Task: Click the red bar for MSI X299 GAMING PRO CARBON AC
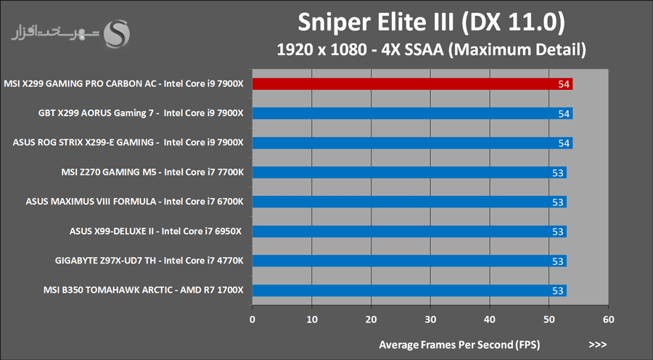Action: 406,84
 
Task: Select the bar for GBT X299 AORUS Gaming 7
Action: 406,113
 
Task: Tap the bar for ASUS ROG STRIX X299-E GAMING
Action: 406,143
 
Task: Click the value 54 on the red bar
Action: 564,84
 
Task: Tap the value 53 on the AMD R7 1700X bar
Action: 558,290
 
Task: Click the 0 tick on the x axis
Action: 252,319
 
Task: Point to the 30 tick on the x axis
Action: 431,319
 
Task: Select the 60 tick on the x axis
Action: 609,319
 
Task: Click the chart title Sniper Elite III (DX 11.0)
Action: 431,24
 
